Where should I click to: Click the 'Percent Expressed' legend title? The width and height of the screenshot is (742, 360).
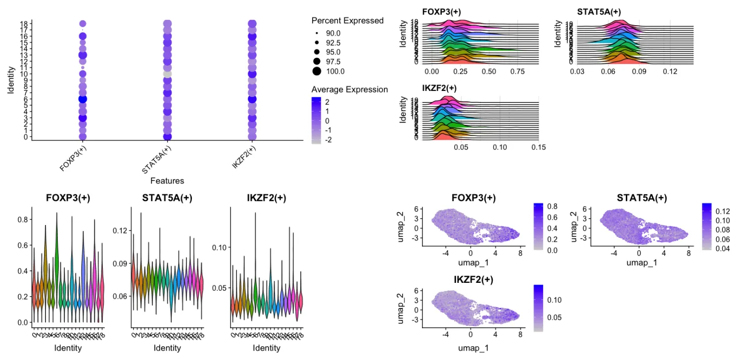347,21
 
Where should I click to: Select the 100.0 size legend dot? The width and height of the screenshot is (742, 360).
317,71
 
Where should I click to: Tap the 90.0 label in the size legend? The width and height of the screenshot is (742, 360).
333,33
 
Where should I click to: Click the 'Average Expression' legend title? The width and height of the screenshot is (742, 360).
349,90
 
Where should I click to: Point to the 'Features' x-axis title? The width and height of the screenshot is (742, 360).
167,181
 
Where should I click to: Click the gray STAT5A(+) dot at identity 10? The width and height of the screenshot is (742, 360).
167,74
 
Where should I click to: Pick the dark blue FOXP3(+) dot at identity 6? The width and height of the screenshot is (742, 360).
83,99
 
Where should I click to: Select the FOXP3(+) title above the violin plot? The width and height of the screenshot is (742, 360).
68,198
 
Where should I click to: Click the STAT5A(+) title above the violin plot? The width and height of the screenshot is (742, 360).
167,198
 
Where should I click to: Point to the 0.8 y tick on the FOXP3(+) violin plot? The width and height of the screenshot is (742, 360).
21,220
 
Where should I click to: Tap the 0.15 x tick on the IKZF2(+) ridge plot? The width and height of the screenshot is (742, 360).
538,147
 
